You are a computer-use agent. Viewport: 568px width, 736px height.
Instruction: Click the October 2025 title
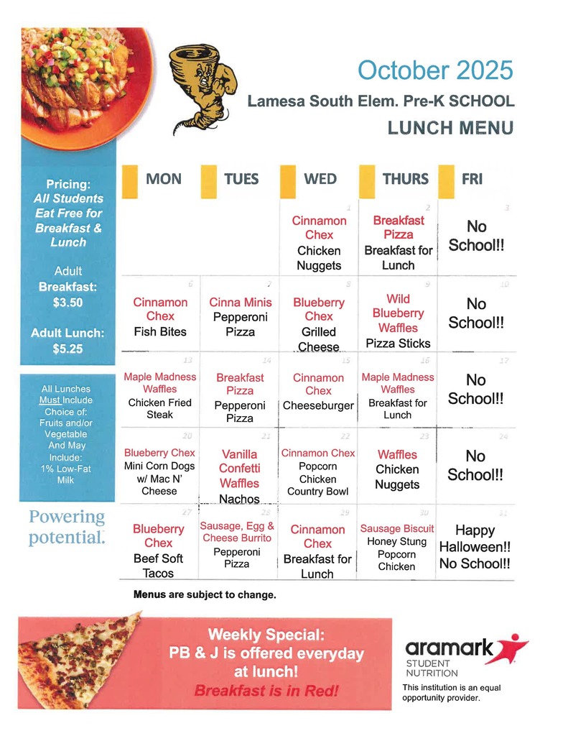(x=435, y=70)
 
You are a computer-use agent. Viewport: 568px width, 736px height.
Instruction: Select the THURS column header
(x=405, y=179)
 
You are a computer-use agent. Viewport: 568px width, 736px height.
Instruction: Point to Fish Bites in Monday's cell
(x=159, y=331)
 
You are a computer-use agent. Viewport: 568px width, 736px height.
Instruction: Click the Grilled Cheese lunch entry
(x=319, y=339)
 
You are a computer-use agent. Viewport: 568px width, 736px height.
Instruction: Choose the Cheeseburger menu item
(x=318, y=405)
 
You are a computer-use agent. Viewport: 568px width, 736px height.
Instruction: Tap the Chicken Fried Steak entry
(x=159, y=408)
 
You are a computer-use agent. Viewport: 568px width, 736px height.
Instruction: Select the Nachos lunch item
(x=239, y=498)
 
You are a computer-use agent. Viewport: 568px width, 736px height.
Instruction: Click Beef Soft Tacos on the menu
(x=158, y=566)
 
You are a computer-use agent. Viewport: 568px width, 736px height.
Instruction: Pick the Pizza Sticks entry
(x=398, y=344)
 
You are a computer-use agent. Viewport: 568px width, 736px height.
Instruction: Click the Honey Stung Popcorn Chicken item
(x=397, y=553)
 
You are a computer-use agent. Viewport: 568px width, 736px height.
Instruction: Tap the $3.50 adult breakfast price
(x=68, y=303)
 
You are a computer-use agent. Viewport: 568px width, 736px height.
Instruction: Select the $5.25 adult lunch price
(x=68, y=349)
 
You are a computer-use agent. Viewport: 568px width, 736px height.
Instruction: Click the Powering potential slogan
(x=67, y=528)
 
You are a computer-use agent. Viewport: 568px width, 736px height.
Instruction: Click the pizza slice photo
(x=79, y=658)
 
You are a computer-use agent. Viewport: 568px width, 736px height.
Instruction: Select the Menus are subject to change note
(x=205, y=595)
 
